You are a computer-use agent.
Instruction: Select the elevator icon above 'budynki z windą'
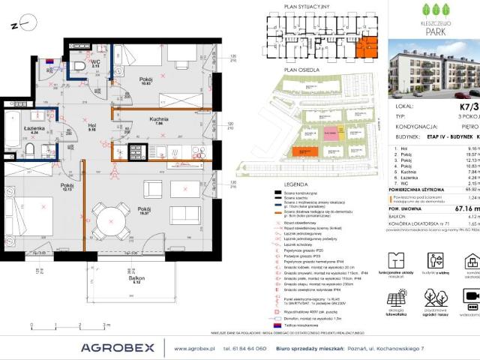coord(434,261)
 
